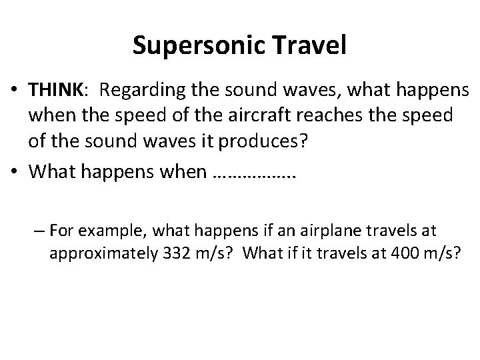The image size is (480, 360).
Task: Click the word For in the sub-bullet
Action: click(61, 230)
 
